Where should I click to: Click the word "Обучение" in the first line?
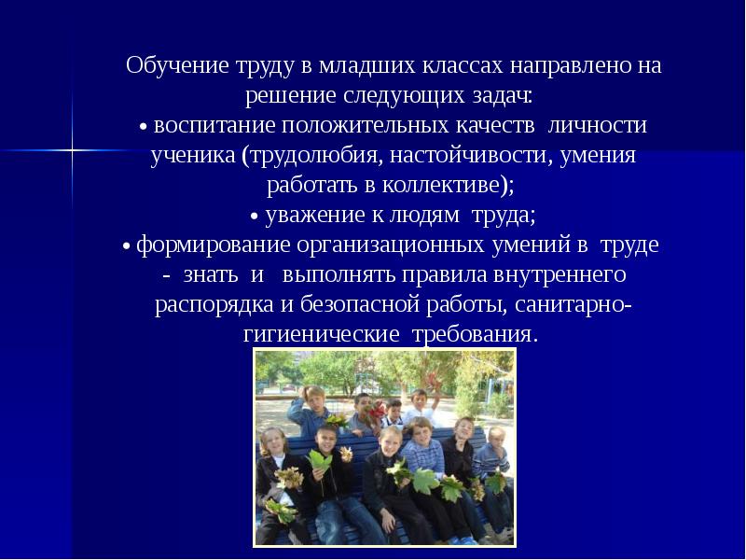tap(170, 67)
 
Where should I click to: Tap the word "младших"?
tap(365, 67)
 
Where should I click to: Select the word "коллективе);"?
tap(436, 186)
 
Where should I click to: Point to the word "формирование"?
tap(214, 245)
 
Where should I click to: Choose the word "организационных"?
tap(390, 245)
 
